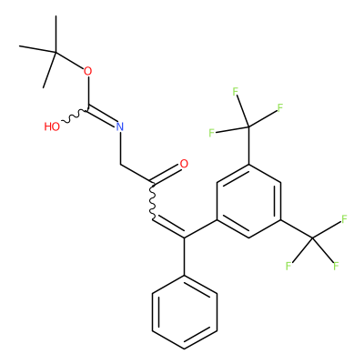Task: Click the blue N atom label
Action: tap(120, 126)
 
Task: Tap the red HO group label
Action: tap(52, 126)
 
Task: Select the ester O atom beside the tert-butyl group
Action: tap(88, 71)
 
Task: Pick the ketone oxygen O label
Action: tap(184, 164)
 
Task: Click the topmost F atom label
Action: tap(236, 92)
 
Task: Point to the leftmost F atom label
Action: tap(211, 133)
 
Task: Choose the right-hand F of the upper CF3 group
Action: tap(280, 107)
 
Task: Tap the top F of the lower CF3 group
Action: tap(344, 219)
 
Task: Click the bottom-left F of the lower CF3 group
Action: tap(288, 266)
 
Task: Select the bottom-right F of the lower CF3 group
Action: tap(336, 266)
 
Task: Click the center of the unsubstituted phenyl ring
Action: tap(185, 312)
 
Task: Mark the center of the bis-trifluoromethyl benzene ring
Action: tap(248, 201)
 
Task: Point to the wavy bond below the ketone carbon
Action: tap(152, 201)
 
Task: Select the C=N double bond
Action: tap(102, 117)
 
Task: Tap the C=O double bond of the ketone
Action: tap(167, 176)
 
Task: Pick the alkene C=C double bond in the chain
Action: tap(169, 228)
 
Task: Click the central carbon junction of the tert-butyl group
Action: tap(56, 53)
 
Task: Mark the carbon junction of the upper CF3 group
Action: tap(248, 126)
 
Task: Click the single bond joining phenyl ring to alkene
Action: tap(185, 257)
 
